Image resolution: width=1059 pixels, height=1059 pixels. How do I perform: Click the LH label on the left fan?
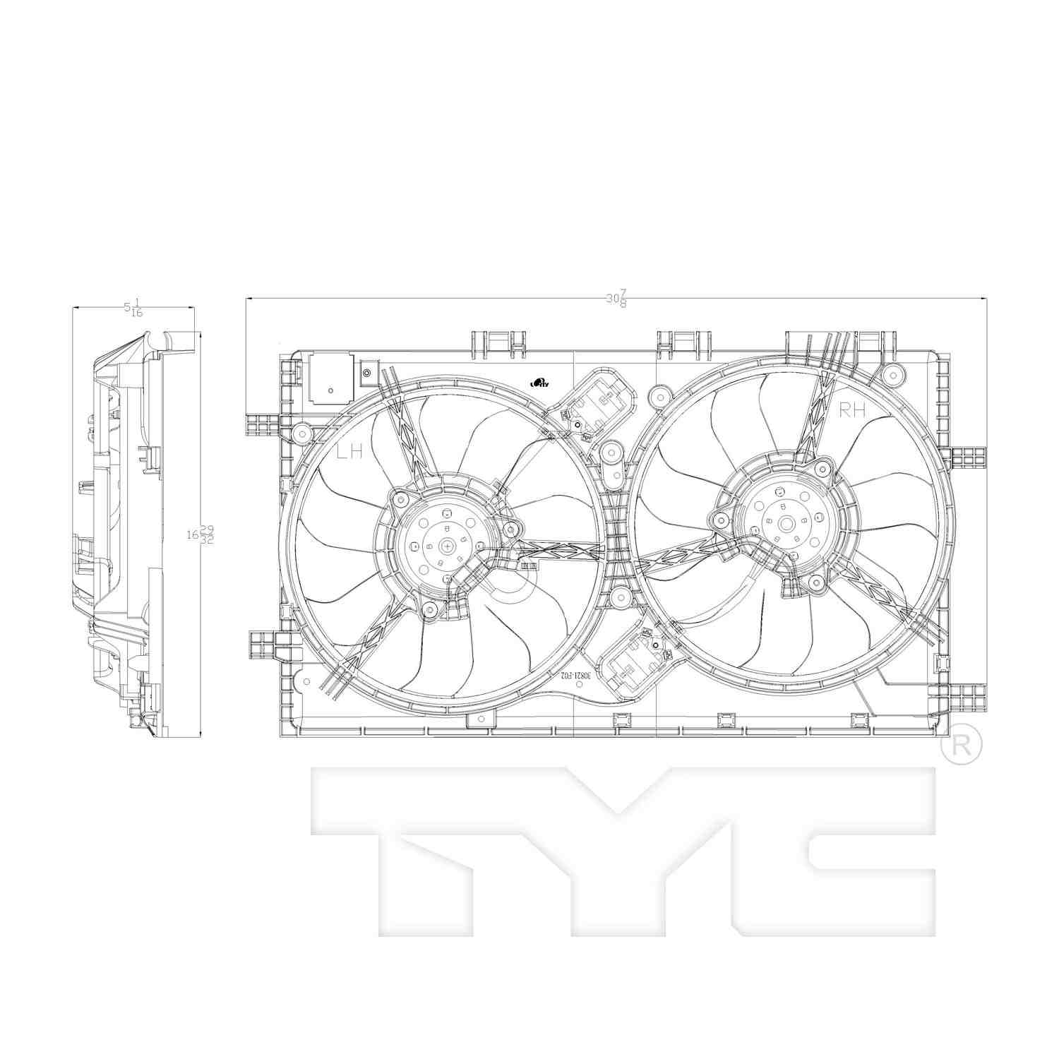(x=349, y=453)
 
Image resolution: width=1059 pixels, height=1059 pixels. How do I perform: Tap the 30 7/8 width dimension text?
(x=616, y=299)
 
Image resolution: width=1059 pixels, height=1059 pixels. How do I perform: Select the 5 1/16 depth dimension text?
(x=133, y=308)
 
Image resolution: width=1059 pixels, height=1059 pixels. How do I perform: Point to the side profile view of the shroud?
(x=127, y=537)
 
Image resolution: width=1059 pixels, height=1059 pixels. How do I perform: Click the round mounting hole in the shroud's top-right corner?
(x=894, y=373)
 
